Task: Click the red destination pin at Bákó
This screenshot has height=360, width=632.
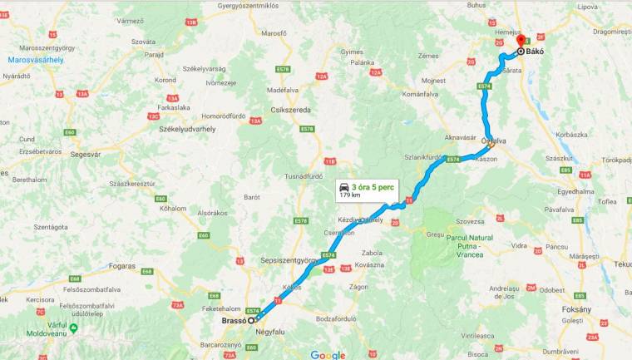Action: coord(521,41)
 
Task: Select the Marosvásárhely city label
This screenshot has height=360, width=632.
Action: coord(36,60)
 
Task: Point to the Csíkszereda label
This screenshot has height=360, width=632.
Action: coord(290,110)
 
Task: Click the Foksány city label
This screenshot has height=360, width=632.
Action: coord(576,308)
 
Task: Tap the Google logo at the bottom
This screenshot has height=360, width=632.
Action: coord(328,354)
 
